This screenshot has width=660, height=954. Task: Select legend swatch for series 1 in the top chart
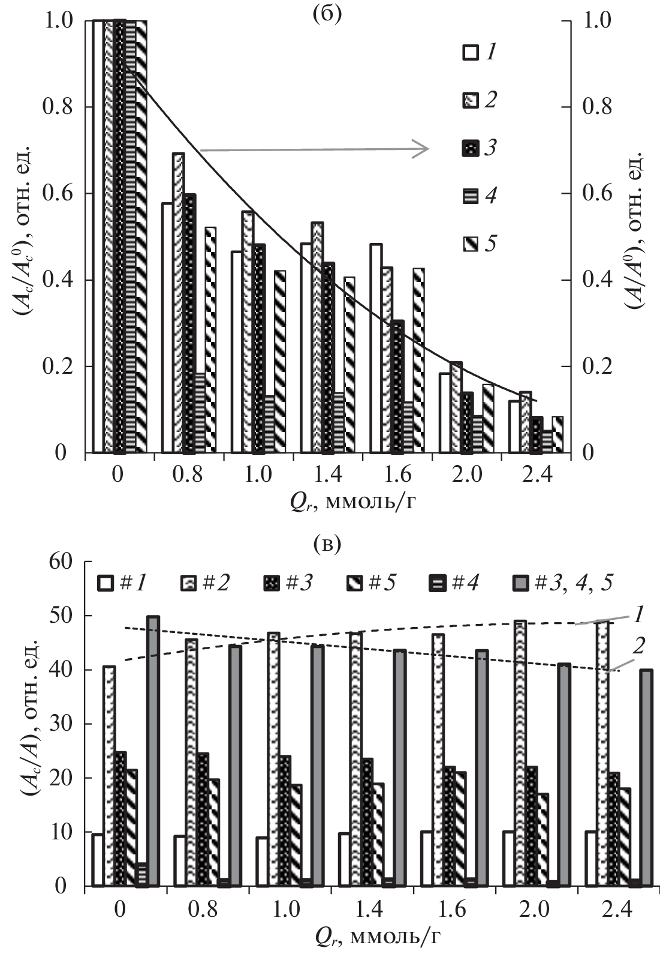(471, 53)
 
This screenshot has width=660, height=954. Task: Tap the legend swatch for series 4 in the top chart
(471, 196)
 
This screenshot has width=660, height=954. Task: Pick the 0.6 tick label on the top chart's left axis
(58, 194)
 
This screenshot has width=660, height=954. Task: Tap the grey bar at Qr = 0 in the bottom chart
(153, 750)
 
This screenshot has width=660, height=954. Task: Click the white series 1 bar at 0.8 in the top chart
(167, 328)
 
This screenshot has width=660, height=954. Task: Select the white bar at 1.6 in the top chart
(376, 348)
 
